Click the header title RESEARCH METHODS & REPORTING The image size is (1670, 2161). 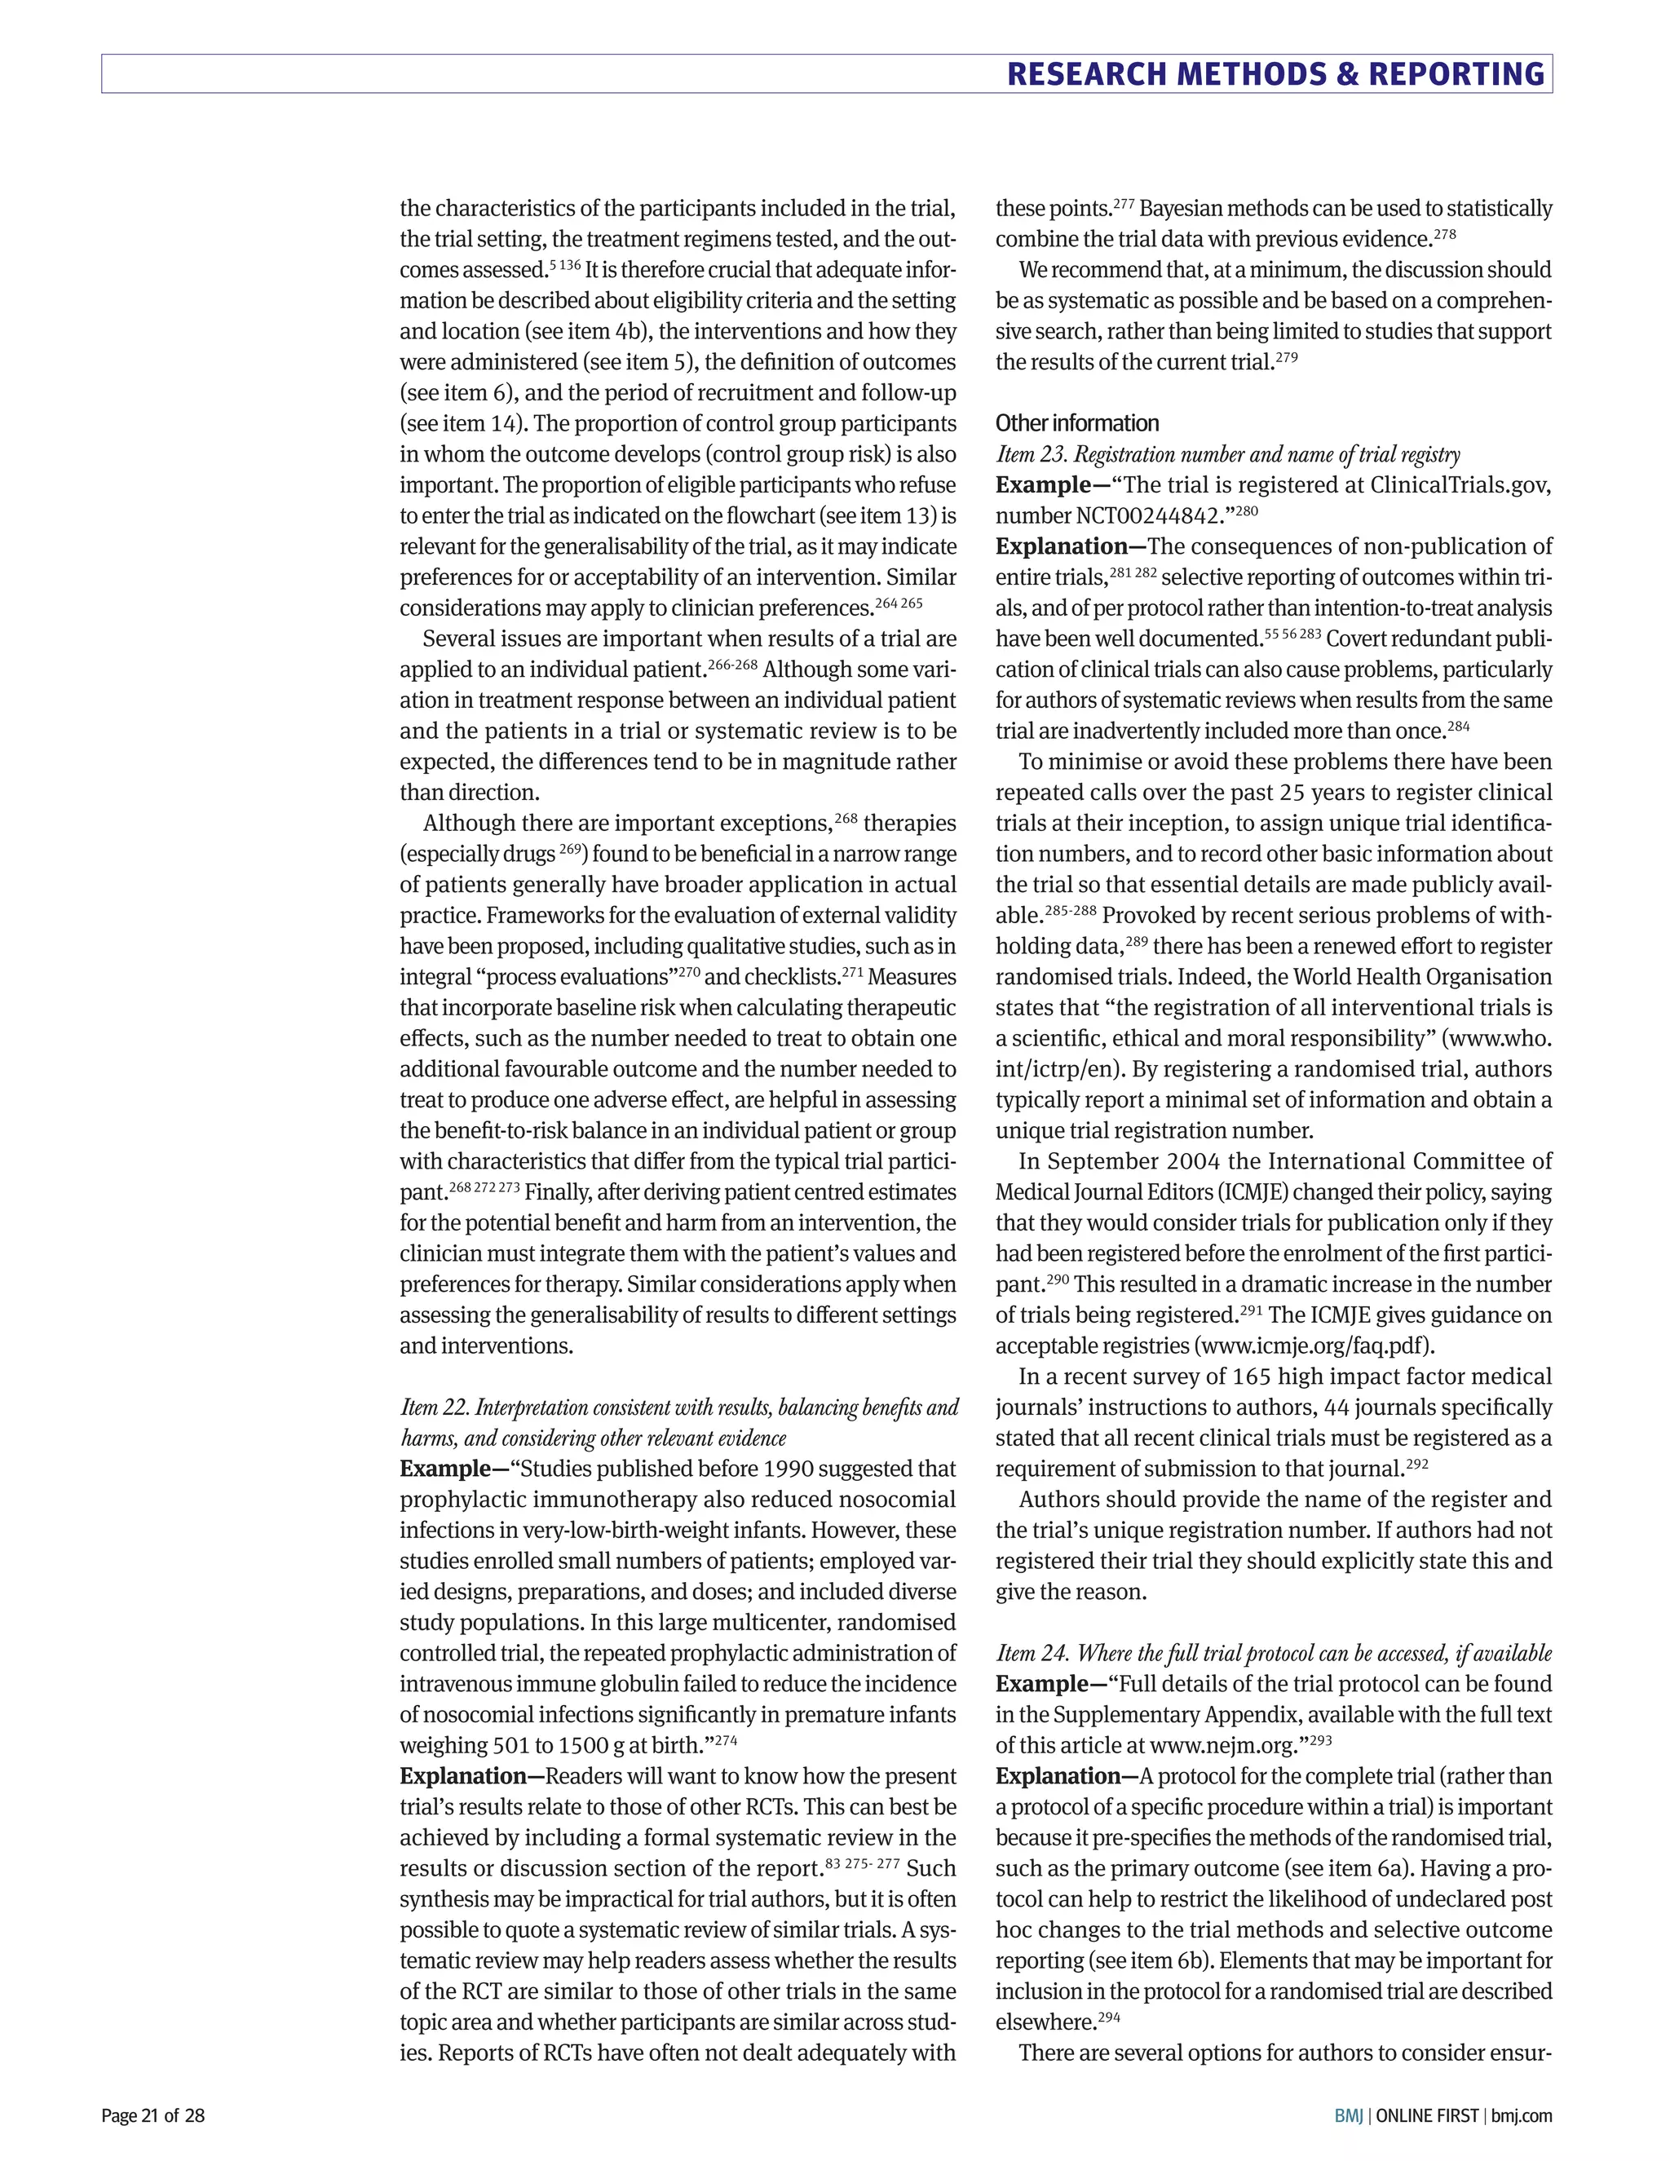pos(1275,74)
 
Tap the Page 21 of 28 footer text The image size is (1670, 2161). pos(153,2115)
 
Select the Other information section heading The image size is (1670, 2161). pos(1076,423)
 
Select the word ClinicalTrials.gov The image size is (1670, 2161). pos(1460,485)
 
